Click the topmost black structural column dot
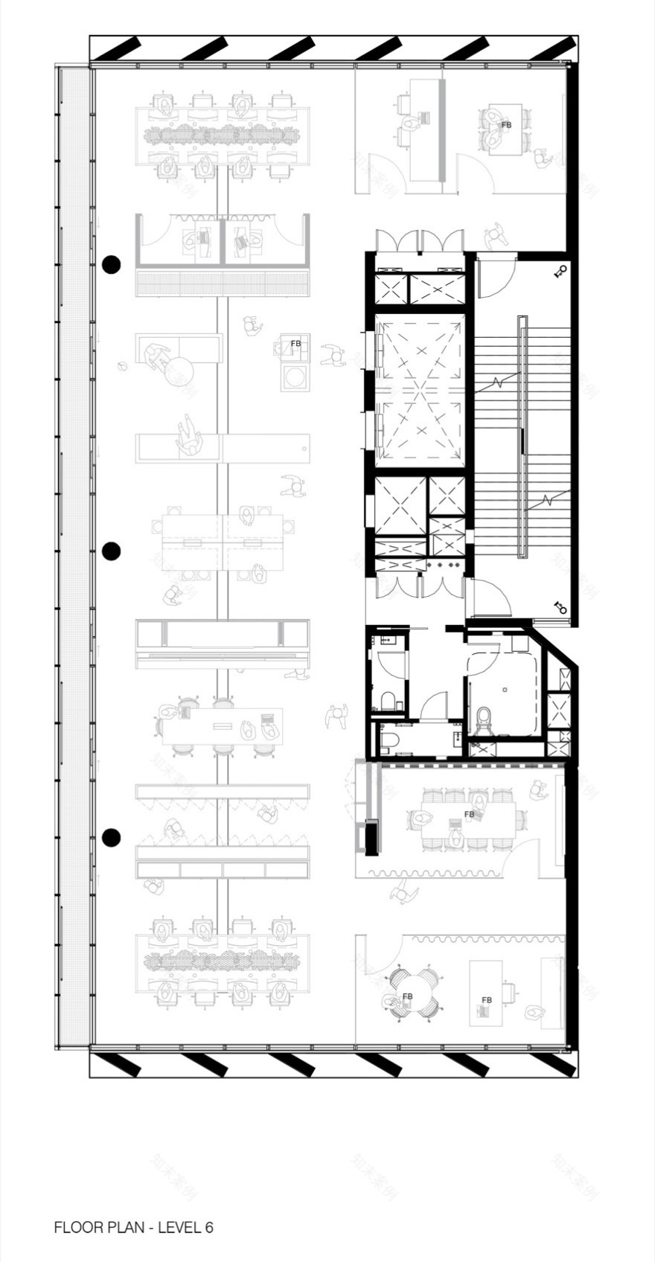[x=111, y=264]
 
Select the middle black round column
[x=111, y=551]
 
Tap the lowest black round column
[x=111, y=837]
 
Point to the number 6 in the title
[x=209, y=1227]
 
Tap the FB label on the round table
[x=407, y=996]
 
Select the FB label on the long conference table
[x=469, y=815]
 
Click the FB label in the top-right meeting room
[x=507, y=125]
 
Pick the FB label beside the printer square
[x=295, y=344]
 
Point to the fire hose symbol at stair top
[x=561, y=272]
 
